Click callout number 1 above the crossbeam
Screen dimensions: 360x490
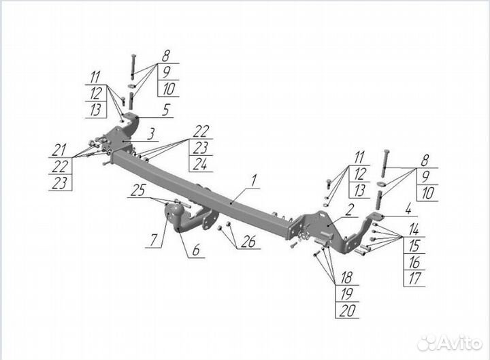(253, 181)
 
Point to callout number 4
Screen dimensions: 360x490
(408, 208)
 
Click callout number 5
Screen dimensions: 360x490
(166, 108)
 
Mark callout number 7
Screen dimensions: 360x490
(154, 240)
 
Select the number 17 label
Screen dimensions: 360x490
(415, 278)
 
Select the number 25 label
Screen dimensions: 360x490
(138, 193)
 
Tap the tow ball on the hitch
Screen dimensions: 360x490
(170, 214)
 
